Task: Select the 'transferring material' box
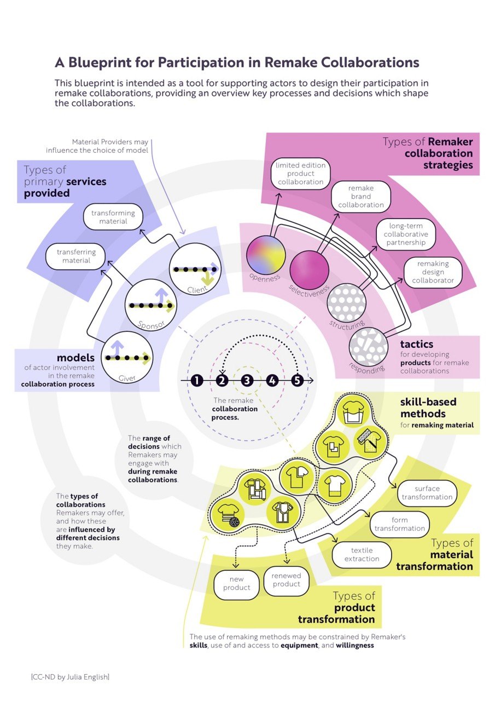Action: coord(76,256)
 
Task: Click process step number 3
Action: coord(247,380)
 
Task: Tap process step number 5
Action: coord(297,380)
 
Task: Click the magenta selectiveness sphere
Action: coord(309,269)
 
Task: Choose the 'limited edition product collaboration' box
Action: coord(300,173)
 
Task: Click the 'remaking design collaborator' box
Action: coord(433,272)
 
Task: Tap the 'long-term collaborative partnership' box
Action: coord(406,234)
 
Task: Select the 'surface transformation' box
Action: coord(427,492)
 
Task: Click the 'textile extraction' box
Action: coord(362,554)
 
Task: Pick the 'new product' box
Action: coord(237,583)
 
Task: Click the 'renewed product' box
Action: coord(286,580)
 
